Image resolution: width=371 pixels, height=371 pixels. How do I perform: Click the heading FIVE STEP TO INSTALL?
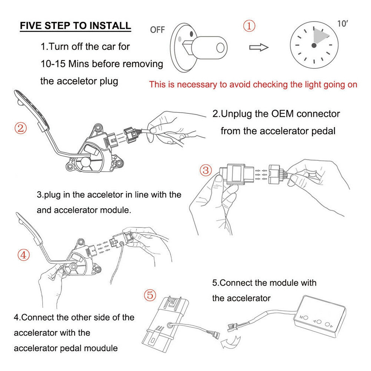click(75, 26)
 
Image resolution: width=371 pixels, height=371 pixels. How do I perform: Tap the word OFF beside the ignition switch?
click(157, 30)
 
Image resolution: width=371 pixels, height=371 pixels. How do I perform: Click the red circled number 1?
click(249, 26)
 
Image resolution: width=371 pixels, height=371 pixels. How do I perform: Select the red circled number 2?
click(21, 128)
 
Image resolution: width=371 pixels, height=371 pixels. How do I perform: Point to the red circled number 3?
click(206, 170)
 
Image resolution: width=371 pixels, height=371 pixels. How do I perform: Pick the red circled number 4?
click(23, 255)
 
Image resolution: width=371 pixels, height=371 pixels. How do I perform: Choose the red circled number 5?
click(150, 295)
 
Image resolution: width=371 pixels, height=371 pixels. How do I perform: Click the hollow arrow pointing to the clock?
click(258, 47)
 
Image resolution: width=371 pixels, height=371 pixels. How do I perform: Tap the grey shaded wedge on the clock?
click(321, 37)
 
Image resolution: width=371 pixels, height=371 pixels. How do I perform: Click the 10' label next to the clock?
click(343, 24)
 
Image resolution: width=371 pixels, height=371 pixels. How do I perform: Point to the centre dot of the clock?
click(314, 45)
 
